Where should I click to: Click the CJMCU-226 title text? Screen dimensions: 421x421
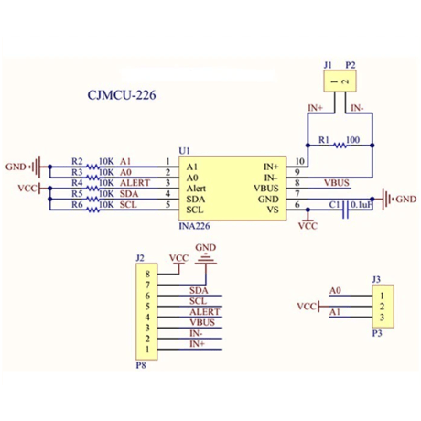click(x=122, y=95)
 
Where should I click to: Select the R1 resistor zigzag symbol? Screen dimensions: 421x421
click(x=340, y=146)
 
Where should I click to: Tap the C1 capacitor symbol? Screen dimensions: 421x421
click(x=345, y=210)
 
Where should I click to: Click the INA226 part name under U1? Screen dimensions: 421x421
click(x=194, y=226)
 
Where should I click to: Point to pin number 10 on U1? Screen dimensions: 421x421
click(x=300, y=161)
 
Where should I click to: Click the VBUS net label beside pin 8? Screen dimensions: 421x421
click(x=337, y=183)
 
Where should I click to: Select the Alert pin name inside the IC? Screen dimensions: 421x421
click(x=196, y=189)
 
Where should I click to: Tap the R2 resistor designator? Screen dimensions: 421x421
click(x=77, y=161)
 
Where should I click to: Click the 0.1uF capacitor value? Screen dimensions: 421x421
click(x=362, y=205)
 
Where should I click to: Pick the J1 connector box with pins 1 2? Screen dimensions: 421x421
click(x=340, y=81)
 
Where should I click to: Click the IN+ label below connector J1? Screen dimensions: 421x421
click(x=316, y=108)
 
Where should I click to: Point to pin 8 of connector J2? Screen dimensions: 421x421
click(x=147, y=274)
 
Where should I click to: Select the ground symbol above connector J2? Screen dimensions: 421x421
click(x=206, y=259)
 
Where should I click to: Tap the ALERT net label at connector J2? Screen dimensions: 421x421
click(x=204, y=312)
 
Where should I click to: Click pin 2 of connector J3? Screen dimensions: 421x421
click(x=382, y=307)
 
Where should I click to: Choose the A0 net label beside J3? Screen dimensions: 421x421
click(x=335, y=290)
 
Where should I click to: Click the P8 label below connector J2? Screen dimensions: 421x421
click(x=141, y=365)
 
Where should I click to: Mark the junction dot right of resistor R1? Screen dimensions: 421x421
click(x=372, y=146)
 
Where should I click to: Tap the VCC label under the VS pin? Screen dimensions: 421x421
click(x=308, y=226)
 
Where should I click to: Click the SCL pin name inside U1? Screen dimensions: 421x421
click(x=195, y=210)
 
